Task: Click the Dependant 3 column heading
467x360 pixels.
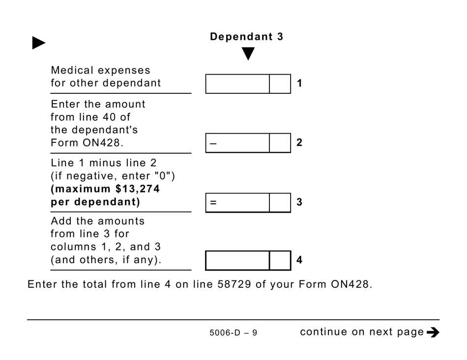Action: pos(246,37)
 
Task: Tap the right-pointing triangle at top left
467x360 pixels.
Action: pos(38,43)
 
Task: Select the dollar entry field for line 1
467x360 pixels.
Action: pos(237,84)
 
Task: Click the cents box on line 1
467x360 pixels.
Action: pos(280,84)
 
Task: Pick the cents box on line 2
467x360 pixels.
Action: pos(280,143)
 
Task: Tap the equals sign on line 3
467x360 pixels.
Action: pos(213,202)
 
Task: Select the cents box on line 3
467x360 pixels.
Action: pos(280,202)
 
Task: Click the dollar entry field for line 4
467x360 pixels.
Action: pos(237,260)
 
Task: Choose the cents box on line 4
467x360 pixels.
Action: pos(280,260)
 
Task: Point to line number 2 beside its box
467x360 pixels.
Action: pos(299,143)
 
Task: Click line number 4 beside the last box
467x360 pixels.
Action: pos(299,260)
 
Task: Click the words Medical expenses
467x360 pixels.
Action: pos(100,70)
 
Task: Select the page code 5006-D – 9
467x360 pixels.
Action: pos(233,333)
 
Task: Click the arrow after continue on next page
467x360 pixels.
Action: pos(433,332)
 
